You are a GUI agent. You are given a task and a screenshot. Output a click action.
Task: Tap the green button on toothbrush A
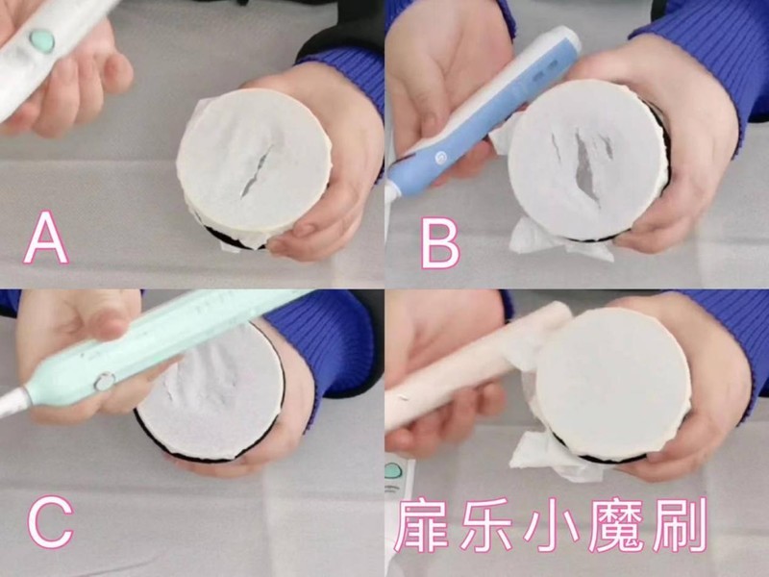click(x=41, y=39)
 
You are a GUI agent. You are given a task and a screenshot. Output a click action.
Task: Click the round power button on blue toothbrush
click(x=434, y=155)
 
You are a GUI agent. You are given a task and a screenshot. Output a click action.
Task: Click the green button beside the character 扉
click(x=395, y=472)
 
